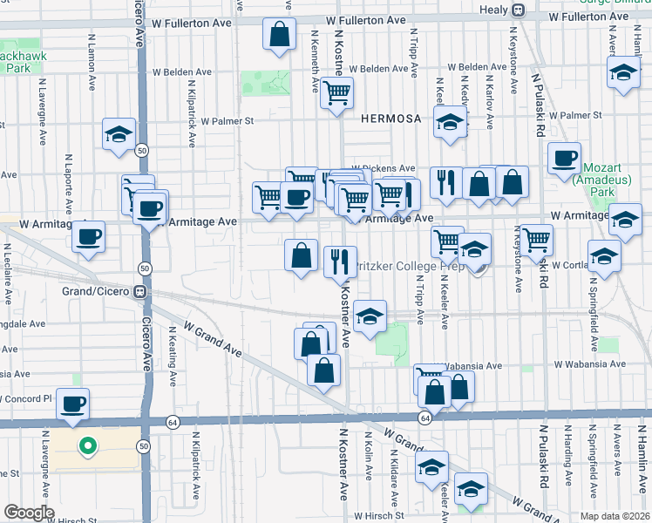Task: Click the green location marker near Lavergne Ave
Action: pos(87,448)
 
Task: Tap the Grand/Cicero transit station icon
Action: pos(139,292)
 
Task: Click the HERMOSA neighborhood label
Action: pos(386,118)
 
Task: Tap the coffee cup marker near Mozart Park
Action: pos(565,158)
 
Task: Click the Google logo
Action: pos(29,513)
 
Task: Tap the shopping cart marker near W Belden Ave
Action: pos(336,92)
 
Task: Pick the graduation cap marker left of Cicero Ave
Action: pos(119,134)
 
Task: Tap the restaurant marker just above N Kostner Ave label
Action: pos(339,260)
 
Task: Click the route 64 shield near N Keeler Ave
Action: pos(424,418)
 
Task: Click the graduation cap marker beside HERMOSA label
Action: pos(450,123)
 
